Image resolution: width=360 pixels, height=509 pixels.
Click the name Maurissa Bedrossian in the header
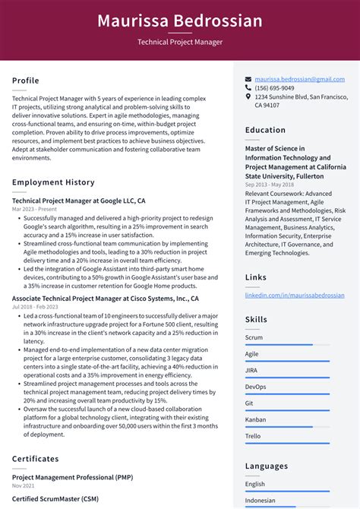click(x=180, y=21)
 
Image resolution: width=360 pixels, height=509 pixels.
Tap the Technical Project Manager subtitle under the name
click(x=180, y=43)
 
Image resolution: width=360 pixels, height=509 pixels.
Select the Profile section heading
click(x=26, y=81)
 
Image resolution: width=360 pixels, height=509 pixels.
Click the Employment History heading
click(x=53, y=182)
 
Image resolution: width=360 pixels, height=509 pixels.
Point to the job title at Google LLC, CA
click(x=79, y=201)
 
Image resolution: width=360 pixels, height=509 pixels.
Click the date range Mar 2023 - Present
click(x=34, y=209)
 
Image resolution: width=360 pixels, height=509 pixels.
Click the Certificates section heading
click(x=36, y=459)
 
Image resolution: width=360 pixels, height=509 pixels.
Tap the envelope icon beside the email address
click(x=248, y=79)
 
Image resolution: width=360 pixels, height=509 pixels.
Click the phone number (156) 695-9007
click(x=278, y=88)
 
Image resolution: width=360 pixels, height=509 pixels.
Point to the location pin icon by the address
click(x=248, y=97)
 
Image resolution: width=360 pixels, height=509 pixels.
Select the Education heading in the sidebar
click(x=265, y=130)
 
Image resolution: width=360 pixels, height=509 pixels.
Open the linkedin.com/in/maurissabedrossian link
click(x=295, y=294)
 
